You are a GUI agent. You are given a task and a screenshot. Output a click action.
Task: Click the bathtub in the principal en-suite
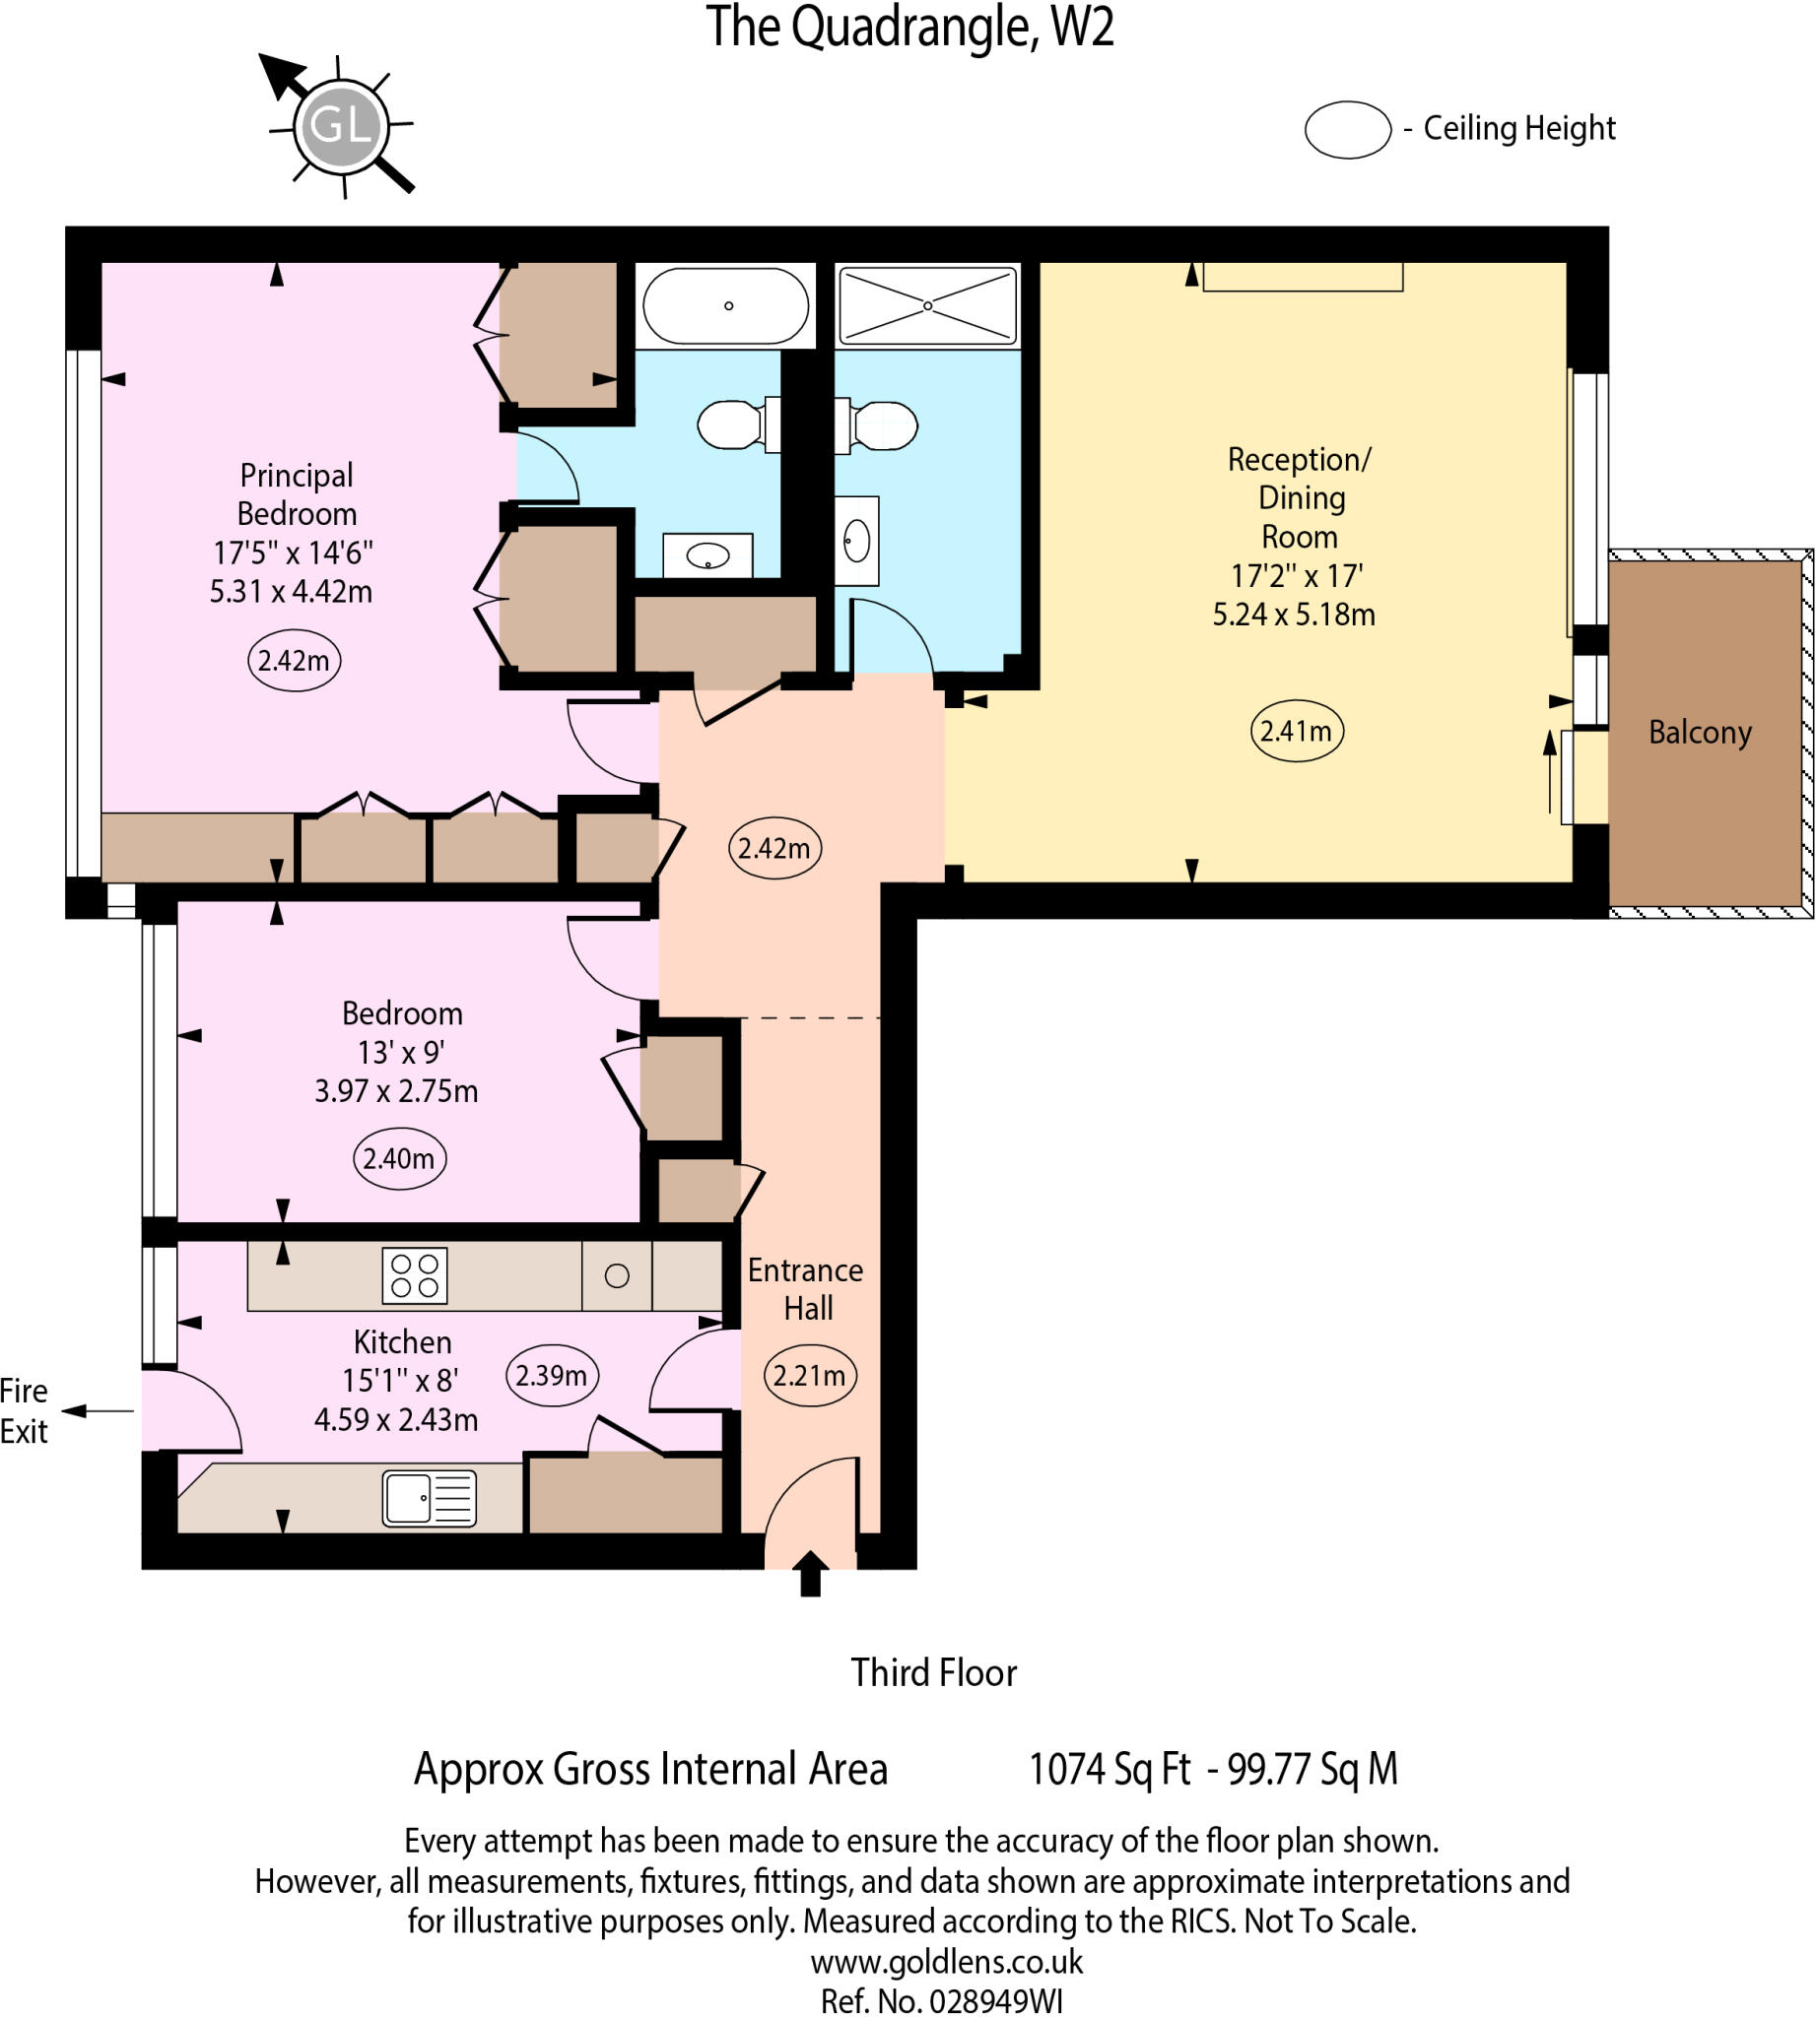coord(725,305)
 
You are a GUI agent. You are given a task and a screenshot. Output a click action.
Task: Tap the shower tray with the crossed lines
coord(927,305)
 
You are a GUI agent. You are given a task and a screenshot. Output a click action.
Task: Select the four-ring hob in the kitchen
coord(414,1274)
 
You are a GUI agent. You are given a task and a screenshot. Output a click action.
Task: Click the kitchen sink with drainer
coord(429,1497)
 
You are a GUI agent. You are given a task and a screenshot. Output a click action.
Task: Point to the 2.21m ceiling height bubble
coord(808,1376)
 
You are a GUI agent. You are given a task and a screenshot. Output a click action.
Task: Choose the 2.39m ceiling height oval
coord(551,1375)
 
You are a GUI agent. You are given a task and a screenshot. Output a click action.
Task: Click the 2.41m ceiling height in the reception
coord(1295,731)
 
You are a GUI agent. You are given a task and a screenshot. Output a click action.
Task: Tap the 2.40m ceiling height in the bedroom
coord(398,1158)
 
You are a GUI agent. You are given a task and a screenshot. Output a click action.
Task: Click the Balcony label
coord(1700,732)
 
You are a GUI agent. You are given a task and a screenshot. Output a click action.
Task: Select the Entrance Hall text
coord(805,1289)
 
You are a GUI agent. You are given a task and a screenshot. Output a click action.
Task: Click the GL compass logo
coord(339,126)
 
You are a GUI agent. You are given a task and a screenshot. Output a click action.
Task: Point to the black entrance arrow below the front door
coord(809,1573)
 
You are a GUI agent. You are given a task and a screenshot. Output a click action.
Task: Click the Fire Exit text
coord(24,1410)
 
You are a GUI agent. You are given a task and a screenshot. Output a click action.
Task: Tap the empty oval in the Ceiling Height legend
coord(1347,130)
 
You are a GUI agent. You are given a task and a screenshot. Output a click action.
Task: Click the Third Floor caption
coord(933,1673)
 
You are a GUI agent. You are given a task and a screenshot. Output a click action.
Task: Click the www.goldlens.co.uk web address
coord(946,1961)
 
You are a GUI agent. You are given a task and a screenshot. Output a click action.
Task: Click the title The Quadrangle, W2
coord(909,27)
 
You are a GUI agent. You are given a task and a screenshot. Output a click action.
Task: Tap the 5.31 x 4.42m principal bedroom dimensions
coord(291,592)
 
